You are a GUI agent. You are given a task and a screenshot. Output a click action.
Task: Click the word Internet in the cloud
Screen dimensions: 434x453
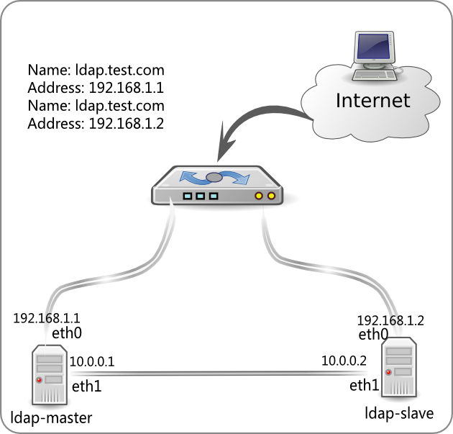372,100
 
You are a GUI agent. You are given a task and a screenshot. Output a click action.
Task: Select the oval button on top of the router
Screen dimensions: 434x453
214,177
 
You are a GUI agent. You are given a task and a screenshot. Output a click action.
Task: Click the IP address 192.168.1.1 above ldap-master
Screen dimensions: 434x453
47,317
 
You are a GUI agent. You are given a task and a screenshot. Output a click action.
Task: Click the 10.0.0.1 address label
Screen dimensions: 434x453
92,360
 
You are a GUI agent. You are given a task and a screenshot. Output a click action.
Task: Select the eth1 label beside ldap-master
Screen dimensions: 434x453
86,386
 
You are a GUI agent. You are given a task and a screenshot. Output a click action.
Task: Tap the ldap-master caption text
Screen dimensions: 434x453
52,419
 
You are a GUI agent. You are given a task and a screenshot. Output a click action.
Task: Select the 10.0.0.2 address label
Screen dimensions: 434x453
344,360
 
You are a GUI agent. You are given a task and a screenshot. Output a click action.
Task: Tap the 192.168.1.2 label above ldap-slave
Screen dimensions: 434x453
390,320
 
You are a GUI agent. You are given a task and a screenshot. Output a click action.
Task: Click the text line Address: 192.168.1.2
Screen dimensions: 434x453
96,124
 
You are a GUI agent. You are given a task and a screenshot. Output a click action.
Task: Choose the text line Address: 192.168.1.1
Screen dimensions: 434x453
96,89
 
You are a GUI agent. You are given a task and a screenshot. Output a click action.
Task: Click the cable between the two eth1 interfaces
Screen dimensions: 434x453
216,372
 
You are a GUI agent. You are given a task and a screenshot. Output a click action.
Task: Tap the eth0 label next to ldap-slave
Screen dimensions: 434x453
373,334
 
